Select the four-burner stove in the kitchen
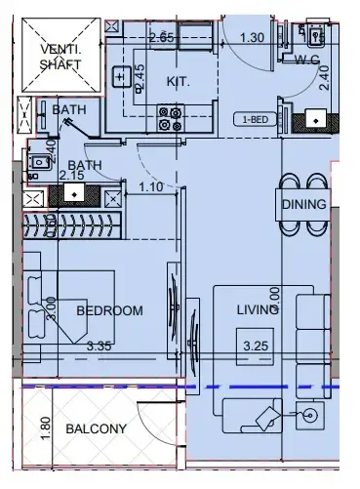coord(170,119)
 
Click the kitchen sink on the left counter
coord(122,76)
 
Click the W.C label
coord(308,59)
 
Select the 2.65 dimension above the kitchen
coord(161,37)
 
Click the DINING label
coord(304,205)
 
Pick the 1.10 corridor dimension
coord(150,186)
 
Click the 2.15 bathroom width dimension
coord(70,175)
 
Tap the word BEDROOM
coord(109,311)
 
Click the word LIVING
coord(259,310)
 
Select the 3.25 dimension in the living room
coord(256,346)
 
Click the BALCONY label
coord(97,428)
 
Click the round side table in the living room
coord(310,415)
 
